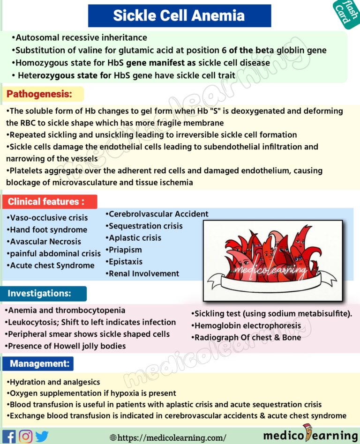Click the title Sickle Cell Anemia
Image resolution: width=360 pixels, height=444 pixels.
(x=179, y=15)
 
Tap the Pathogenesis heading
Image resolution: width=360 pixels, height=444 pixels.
(x=39, y=94)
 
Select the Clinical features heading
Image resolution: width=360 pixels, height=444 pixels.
(x=46, y=202)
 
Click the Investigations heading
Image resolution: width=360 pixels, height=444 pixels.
(x=40, y=294)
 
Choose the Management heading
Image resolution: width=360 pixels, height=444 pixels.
(x=40, y=363)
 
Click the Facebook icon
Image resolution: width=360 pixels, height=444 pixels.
(x=9, y=437)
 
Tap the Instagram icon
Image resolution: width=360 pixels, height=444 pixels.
(x=25, y=437)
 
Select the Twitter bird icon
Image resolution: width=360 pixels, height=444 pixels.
(x=42, y=437)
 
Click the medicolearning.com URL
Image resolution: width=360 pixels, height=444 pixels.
(x=171, y=437)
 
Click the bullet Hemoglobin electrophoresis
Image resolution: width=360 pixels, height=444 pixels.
(x=246, y=326)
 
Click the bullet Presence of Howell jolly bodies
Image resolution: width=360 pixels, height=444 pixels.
(x=66, y=346)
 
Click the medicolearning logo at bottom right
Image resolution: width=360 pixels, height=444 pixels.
(x=310, y=435)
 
